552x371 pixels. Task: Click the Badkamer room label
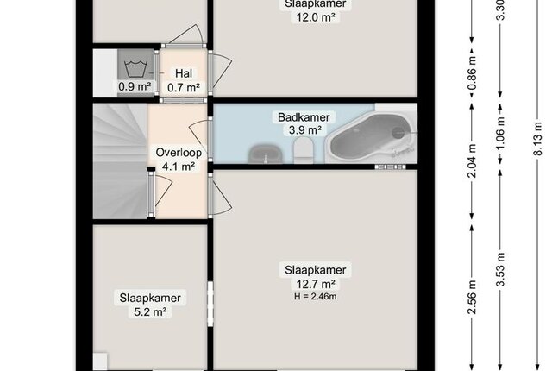point(304,117)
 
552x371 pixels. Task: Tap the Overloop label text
point(179,153)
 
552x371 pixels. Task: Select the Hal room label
point(184,73)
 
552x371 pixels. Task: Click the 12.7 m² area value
point(316,284)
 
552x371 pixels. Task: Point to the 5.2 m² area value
point(150,311)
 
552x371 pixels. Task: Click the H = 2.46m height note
point(316,297)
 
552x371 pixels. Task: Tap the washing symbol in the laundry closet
point(135,68)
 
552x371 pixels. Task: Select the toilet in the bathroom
point(304,149)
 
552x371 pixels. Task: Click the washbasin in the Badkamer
point(266,154)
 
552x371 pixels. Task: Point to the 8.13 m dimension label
point(538,139)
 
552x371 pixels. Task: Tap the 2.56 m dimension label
point(472,297)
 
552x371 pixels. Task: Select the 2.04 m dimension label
point(472,160)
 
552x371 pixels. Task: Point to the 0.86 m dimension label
point(472,73)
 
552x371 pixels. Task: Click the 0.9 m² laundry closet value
point(135,86)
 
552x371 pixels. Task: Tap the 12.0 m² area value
point(316,17)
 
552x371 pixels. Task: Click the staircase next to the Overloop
point(120,160)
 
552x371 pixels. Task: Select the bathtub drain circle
point(398,132)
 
